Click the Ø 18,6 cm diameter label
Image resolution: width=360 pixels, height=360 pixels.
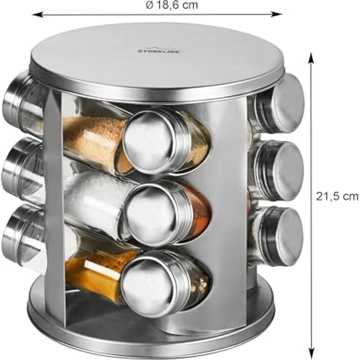pyautogui.click(x=172, y=5)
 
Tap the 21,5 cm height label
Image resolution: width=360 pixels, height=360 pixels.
pyautogui.click(x=337, y=196)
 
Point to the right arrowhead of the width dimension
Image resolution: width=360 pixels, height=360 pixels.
pyautogui.click(x=276, y=14)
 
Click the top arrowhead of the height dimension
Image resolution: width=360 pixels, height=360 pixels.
pyautogui.click(x=311, y=58)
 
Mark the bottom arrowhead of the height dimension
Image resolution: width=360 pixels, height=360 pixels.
pyautogui.click(x=311, y=348)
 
